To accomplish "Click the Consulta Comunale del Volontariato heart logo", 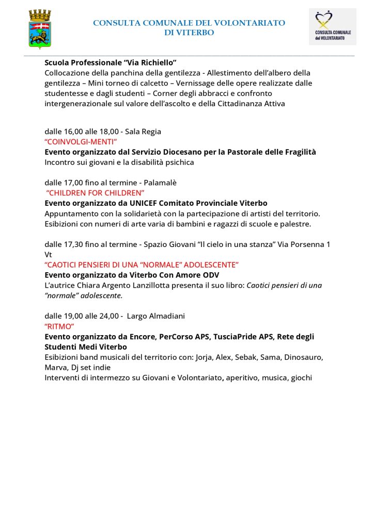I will pyautogui.click(x=332, y=26).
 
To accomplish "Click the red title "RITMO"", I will pyautogui.click(x=59, y=326).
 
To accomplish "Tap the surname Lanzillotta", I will pyautogui.click(x=204, y=285).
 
